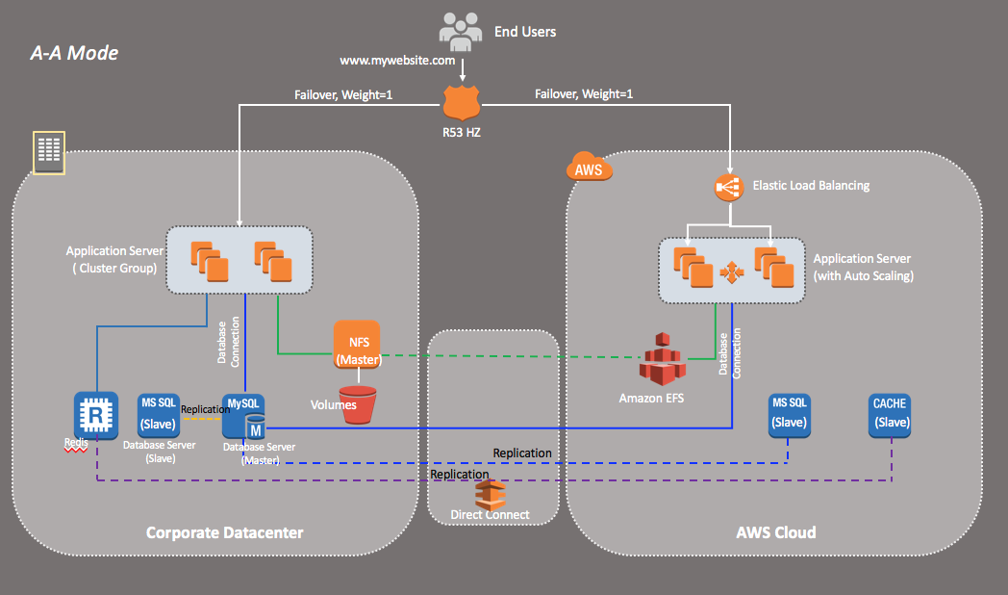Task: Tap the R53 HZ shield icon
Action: click(461, 100)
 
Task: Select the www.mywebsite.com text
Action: click(397, 60)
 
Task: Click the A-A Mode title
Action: click(75, 53)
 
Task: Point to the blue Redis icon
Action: click(96, 414)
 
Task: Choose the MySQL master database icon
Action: click(244, 416)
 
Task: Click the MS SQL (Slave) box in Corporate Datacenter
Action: click(158, 414)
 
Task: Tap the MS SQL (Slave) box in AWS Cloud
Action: click(789, 412)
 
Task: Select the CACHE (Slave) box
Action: click(890, 412)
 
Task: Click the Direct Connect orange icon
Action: click(491, 493)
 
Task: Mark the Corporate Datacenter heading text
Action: click(224, 531)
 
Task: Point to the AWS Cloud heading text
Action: click(775, 531)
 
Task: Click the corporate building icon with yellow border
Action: click(48, 152)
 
